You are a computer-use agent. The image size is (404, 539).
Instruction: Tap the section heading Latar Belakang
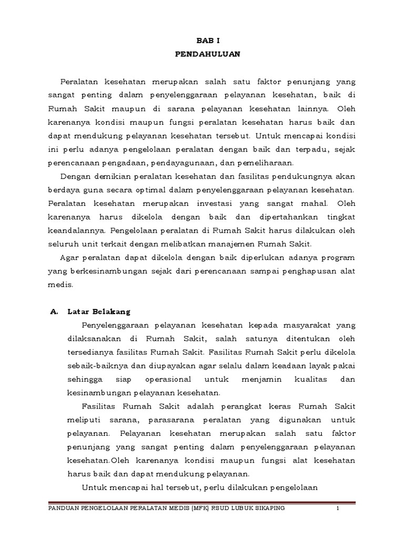(98, 311)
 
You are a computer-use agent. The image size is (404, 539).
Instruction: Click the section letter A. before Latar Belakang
(53, 311)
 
